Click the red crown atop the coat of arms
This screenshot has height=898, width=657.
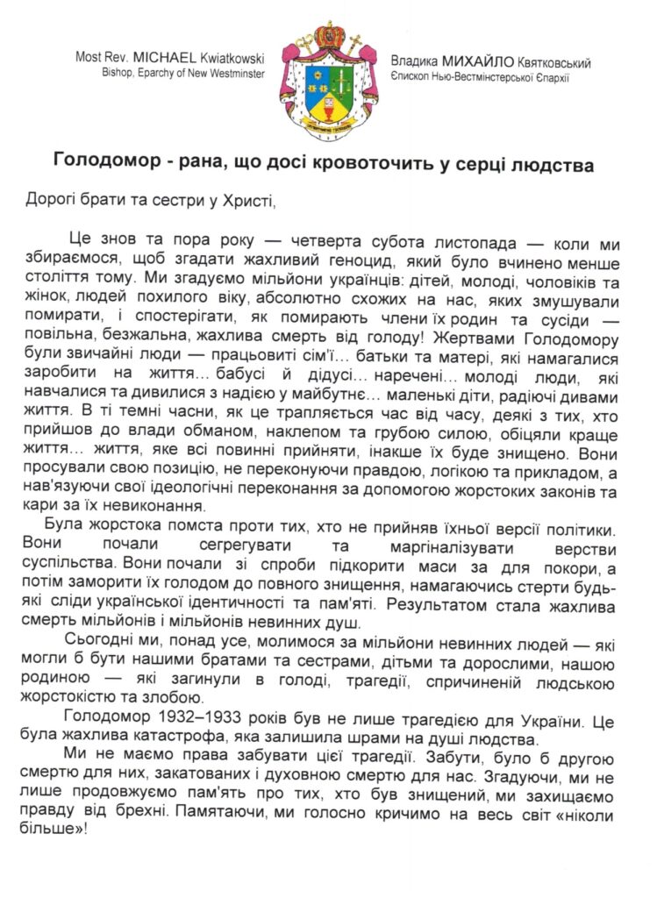[330, 38]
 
